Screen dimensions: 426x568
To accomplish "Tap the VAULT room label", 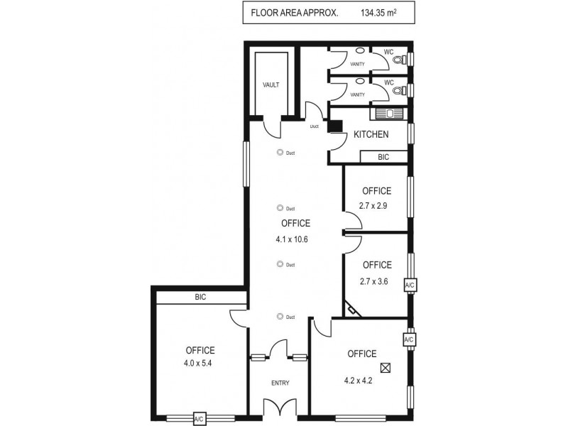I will click(x=271, y=84).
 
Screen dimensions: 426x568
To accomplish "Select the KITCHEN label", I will click(x=371, y=134).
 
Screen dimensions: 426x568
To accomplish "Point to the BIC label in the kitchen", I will click(x=383, y=157).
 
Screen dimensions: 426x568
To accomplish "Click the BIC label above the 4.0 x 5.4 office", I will click(x=200, y=297).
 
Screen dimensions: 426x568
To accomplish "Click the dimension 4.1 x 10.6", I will click(x=291, y=239).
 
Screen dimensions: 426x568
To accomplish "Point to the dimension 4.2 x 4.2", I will click(x=359, y=380).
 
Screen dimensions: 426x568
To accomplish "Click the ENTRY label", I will click(x=280, y=383).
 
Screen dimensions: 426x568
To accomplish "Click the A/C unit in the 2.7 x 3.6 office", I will click(x=409, y=285).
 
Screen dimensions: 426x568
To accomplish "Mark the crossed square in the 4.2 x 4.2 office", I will click(x=386, y=368).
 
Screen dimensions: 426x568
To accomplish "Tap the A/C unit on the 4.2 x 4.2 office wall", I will click(x=409, y=340).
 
